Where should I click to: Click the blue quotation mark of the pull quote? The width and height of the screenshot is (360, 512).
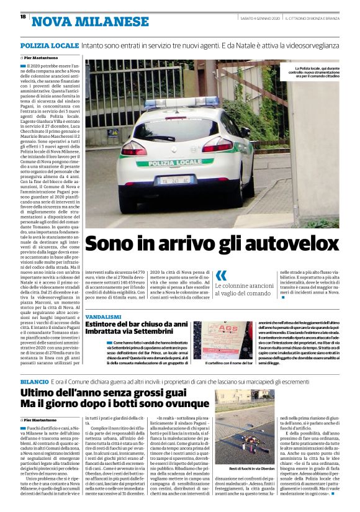click(x=221, y=277)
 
